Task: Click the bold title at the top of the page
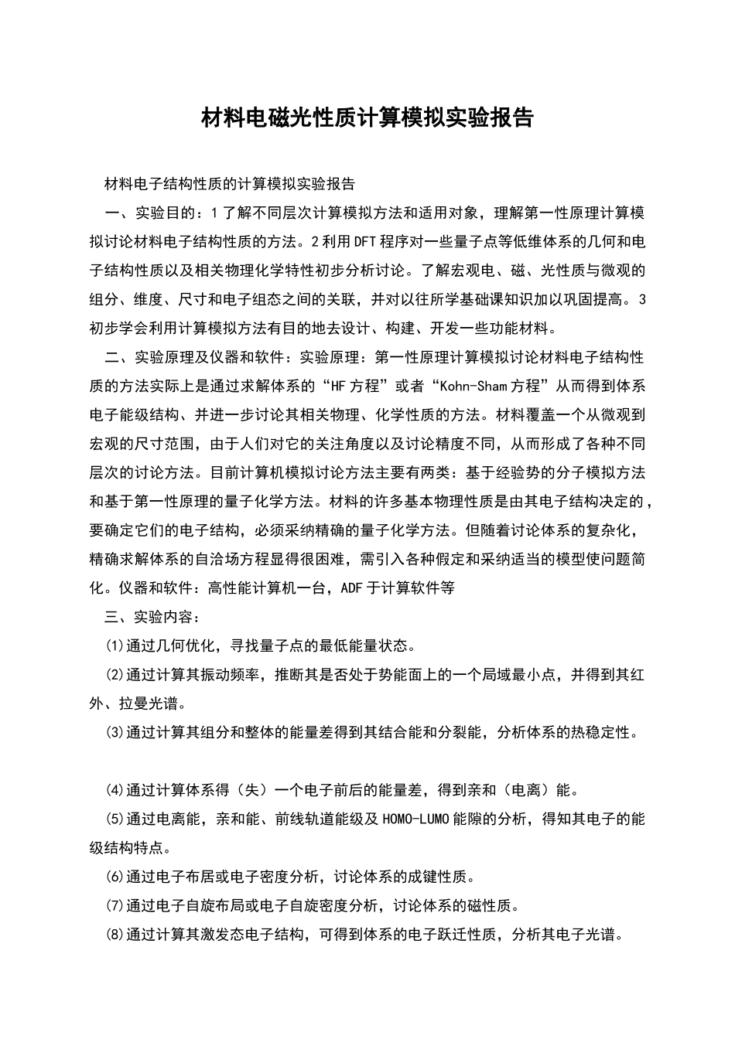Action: coord(367,118)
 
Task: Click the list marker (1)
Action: coord(115,646)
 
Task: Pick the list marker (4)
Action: coord(115,790)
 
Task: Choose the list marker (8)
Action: coord(115,935)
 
